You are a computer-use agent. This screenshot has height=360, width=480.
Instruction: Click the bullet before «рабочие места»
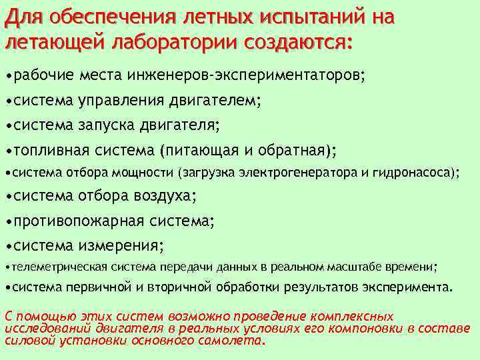(x=7, y=75)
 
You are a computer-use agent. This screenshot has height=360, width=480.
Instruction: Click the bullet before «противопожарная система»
(x=7, y=221)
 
